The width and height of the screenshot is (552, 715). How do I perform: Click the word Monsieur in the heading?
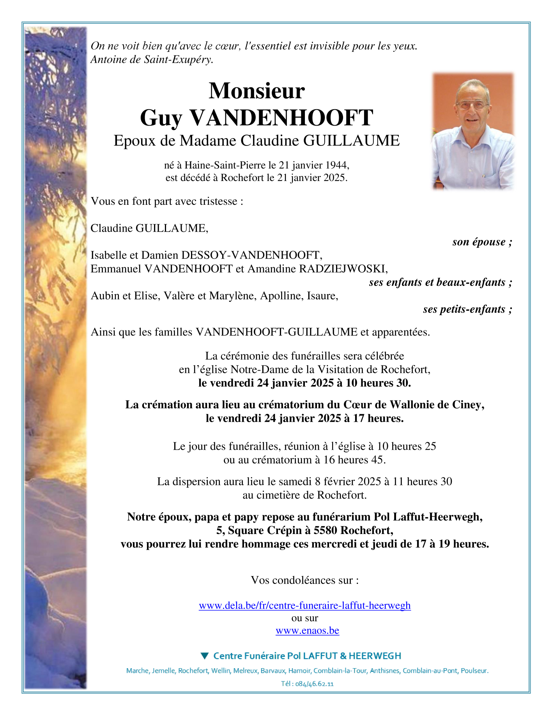click(257, 91)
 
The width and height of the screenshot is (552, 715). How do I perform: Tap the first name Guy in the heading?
click(161, 118)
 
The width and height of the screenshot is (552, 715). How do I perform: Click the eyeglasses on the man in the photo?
click(471, 105)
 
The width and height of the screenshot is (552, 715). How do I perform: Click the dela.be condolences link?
click(304, 605)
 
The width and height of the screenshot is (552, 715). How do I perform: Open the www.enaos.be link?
click(307, 630)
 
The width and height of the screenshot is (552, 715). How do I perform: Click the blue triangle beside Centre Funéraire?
click(205, 656)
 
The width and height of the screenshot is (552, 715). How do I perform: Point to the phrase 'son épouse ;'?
click(482, 242)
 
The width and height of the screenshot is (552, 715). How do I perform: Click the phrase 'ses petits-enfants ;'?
click(467, 309)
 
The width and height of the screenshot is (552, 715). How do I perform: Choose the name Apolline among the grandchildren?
click(282, 296)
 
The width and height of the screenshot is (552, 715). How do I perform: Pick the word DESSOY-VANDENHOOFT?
click(251, 255)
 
